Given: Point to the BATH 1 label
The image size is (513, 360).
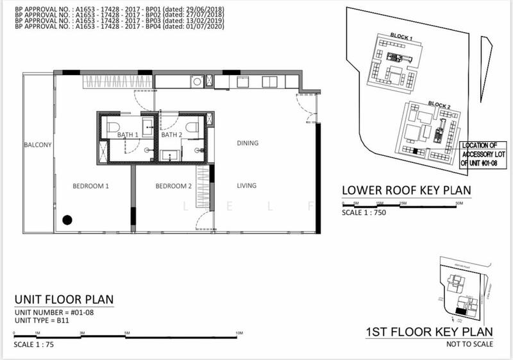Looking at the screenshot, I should coord(128,135).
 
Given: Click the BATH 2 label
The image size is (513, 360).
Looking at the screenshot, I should coord(171,135).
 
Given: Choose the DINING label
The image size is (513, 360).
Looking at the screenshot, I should coord(247,143).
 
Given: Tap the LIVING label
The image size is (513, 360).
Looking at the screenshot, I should coord(247,186).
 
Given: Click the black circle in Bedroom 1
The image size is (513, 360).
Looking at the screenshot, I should coord(67,221).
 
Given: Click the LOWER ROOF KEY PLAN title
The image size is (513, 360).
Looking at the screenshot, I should coord(407,191).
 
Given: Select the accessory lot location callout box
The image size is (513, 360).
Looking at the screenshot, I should coord(483,154).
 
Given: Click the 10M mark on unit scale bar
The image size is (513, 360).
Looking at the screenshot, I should coord(239,334).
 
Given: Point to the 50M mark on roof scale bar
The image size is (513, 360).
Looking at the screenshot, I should coord(459,203).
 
